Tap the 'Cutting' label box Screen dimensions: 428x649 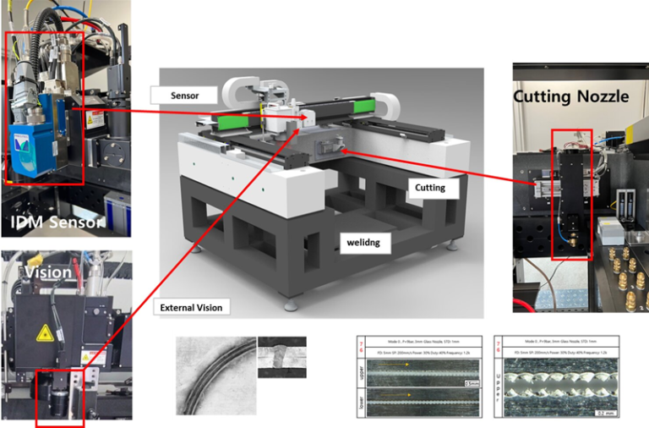pos(433,186)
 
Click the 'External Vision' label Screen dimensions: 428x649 pos(191,307)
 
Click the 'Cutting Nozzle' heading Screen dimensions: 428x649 pos(571,96)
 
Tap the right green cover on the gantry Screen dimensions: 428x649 pos(365,108)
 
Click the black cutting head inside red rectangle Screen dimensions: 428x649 pos(571,195)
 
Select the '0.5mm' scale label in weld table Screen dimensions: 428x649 pos(469,382)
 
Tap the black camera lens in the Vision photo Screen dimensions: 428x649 pos(62,397)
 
